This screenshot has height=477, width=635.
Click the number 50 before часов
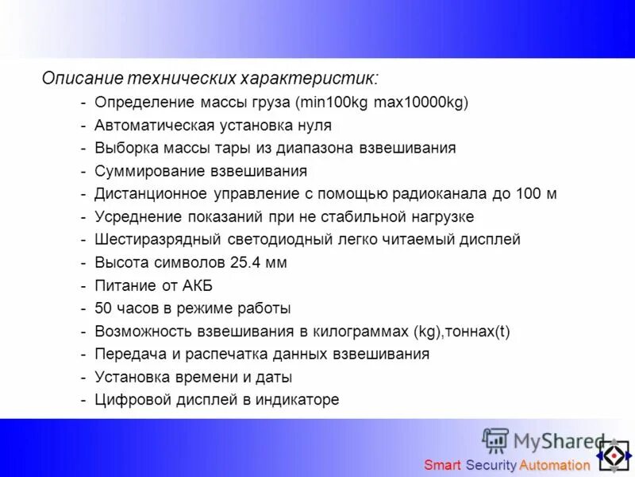point(103,308)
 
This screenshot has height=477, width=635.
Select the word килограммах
point(362,332)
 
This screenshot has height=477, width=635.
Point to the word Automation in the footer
point(555,465)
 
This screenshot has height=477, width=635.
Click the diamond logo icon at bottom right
point(613,456)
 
